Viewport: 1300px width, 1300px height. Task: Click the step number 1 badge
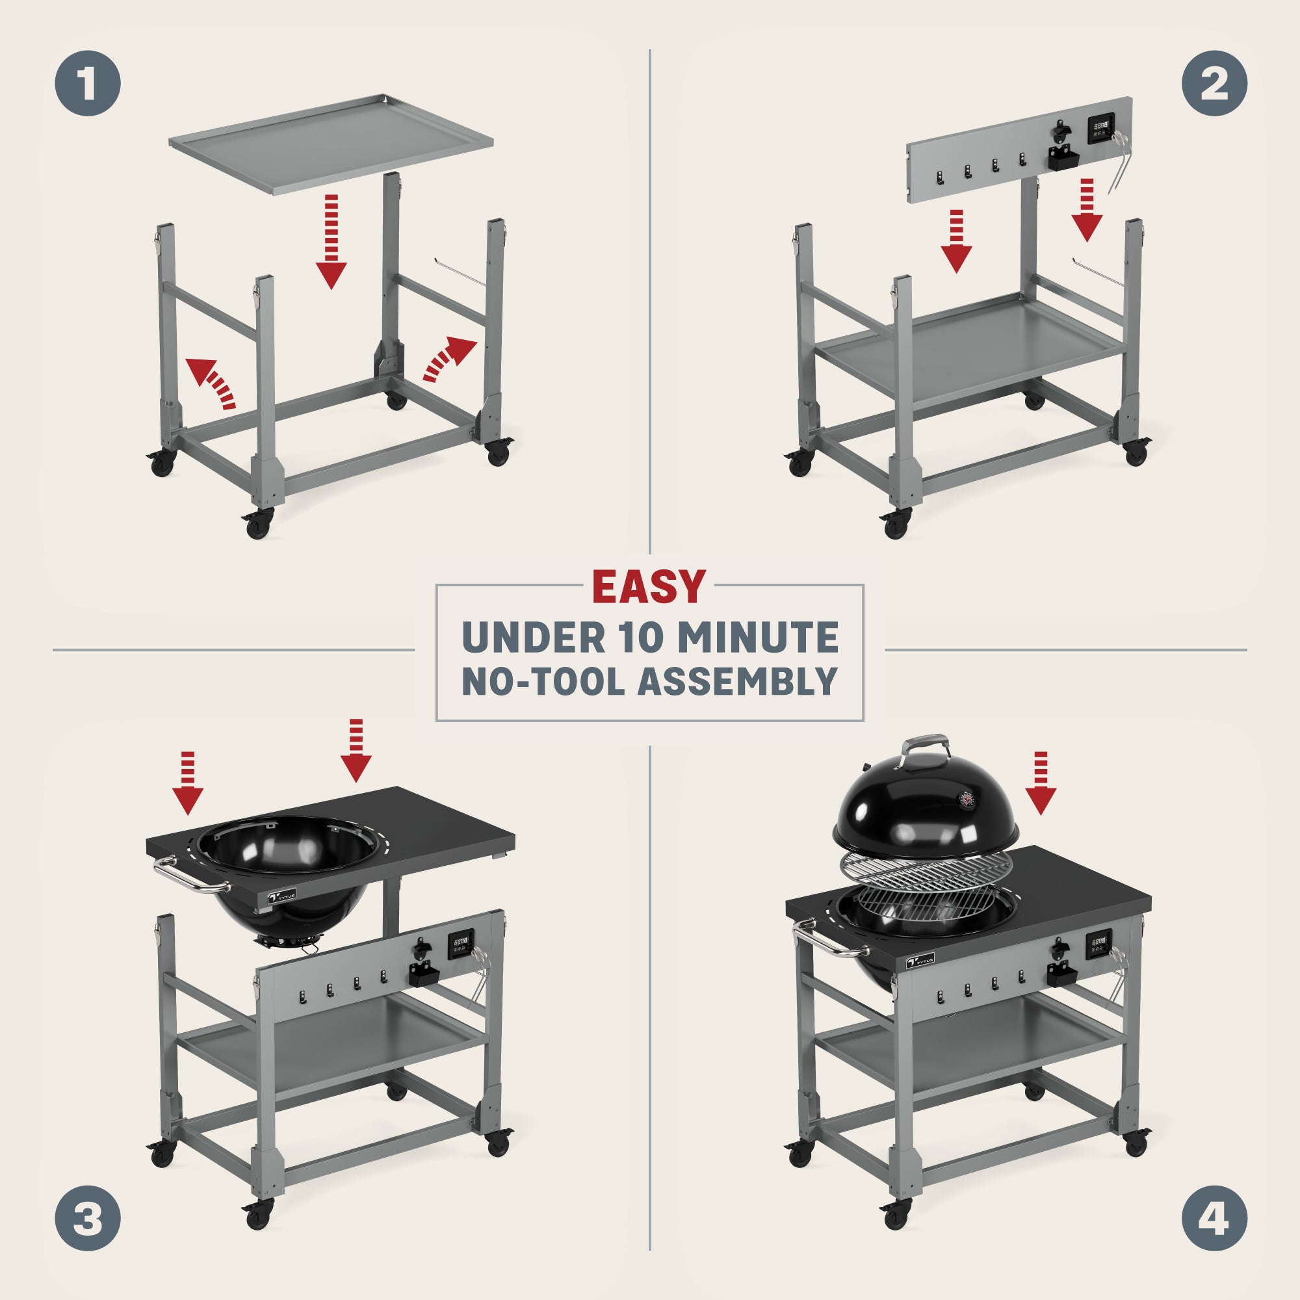[88, 83]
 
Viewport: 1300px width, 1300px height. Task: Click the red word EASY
[649, 587]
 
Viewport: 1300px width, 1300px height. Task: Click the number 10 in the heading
[642, 637]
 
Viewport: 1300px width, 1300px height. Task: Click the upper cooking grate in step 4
[925, 873]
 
